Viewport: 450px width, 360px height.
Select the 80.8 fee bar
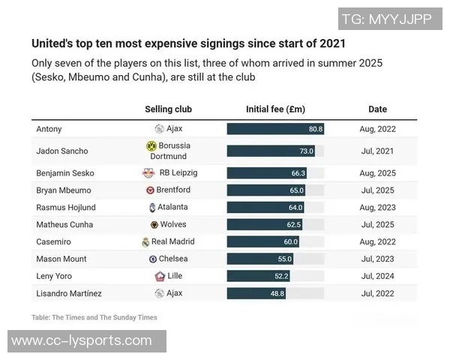(x=275, y=129)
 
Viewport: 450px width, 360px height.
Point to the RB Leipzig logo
(x=148, y=172)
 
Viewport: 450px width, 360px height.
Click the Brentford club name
(x=173, y=190)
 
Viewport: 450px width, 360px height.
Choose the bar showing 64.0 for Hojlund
(x=265, y=207)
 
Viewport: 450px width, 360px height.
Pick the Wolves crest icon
(x=154, y=224)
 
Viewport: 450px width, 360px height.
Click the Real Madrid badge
(x=145, y=242)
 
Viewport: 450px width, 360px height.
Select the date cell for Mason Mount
(x=377, y=259)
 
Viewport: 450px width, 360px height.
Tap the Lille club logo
(x=159, y=277)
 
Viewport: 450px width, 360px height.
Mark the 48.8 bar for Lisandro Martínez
(x=256, y=293)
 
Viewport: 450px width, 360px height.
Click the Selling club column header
(x=169, y=109)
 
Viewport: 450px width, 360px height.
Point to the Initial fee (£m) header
(x=275, y=109)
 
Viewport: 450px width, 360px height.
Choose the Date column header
(x=377, y=109)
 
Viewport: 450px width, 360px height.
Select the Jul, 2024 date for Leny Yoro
(x=377, y=276)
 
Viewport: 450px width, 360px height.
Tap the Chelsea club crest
(x=153, y=259)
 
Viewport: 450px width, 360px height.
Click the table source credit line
(x=94, y=317)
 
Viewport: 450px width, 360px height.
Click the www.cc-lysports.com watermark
(x=82, y=341)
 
